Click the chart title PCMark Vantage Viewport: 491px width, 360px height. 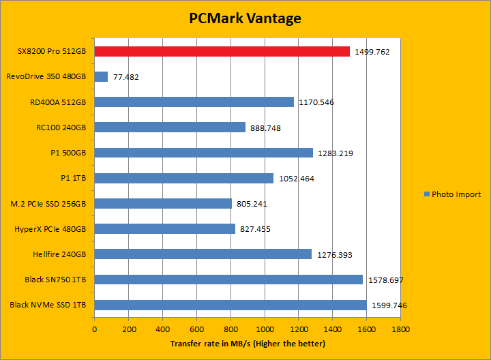[x=245, y=18]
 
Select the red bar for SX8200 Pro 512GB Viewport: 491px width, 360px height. [x=222, y=51]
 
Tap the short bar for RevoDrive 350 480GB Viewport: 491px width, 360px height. [x=101, y=76]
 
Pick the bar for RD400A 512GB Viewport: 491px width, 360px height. [x=194, y=102]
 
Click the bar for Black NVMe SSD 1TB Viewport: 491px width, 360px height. [x=230, y=305]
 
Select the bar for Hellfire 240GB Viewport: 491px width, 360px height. [x=203, y=254]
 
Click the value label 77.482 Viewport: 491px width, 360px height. [x=126, y=77]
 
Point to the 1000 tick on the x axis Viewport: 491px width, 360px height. [x=265, y=329]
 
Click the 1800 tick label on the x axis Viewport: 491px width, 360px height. [x=401, y=329]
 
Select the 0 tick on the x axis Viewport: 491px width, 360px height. [x=94, y=329]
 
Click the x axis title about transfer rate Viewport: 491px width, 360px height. [x=248, y=343]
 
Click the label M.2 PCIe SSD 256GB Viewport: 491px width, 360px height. [x=48, y=203]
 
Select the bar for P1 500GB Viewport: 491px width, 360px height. [x=203, y=153]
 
